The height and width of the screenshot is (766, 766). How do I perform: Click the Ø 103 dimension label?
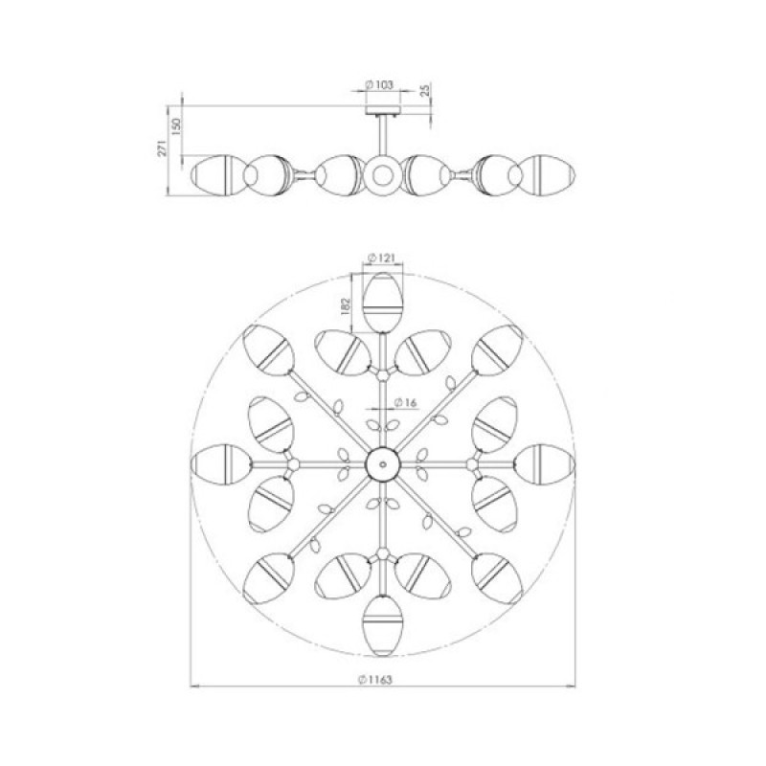[379, 85]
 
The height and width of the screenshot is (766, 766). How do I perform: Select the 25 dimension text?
[425, 90]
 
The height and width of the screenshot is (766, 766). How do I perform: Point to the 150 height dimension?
[176, 125]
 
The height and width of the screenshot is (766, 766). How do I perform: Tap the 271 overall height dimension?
[163, 147]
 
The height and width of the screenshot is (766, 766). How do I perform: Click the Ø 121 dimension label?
[381, 258]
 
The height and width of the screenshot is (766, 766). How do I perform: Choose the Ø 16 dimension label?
[405, 402]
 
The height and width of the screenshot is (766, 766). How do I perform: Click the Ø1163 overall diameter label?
[375, 680]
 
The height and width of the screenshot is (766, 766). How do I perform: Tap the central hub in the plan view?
[383, 464]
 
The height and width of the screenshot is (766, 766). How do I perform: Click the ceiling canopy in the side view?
[383, 110]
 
